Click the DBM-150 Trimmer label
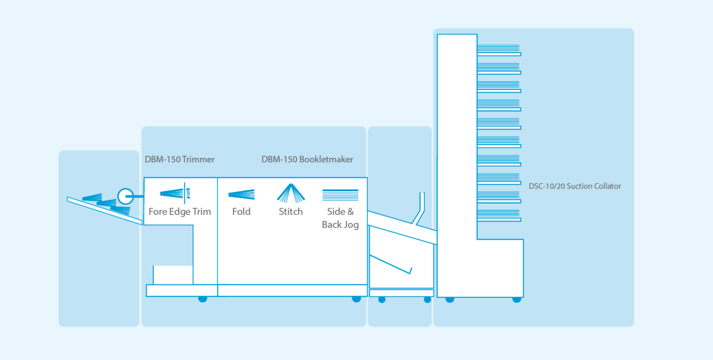pyautogui.click(x=180, y=159)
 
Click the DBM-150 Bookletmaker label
pyautogui.click(x=307, y=159)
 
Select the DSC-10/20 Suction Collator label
pyautogui.click(x=575, y=186)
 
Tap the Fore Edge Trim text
pyautogui.click(x=180, y=212)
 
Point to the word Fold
pyautogui.click(x=241, y=212)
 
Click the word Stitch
pyautogui.click(x=290, y=212)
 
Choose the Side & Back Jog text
pyautogui.click(x=340, y=218)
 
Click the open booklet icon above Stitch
pyautogui.click(x=291, y=193)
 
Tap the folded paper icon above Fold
pyautogui.click(x=241, y=194)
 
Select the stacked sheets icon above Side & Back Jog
pyautogui.click(x=340, y=195)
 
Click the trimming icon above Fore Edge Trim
pyautogui.click(x=175, y=193)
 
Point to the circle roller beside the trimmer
pyautogui.click(x=125, y=196)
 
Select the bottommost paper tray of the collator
pyautogui.click(x=499, y=216)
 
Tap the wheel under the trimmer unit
pyautogui.click(x=203, y=299)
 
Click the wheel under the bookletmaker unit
pyautogui.click(x=356, y=299)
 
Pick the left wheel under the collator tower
pyautogui.click(x=450, y=299)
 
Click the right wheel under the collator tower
pyautogui.click(x=517, y=299)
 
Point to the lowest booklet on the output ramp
pyautogui.click(x=120, y=210)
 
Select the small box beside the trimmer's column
pyautogui.click(x=173, y=275)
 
